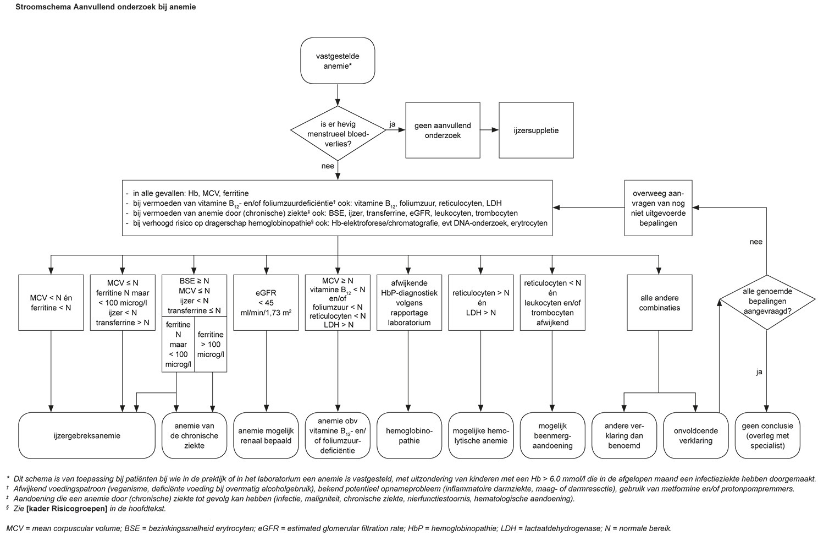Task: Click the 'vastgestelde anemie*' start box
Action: [x=338, y=61]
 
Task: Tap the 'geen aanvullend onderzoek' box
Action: [x=443, y=130]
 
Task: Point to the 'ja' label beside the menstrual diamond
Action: [x=393, y=124]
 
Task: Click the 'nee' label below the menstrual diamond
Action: [x=328, y=166]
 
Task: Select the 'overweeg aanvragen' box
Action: [x=658, y=208]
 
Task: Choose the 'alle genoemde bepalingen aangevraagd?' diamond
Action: [x=767, y=302]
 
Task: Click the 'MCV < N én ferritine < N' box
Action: [x=51, y=302]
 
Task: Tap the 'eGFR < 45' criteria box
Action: [x=267, y=302]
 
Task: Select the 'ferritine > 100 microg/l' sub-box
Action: [x=211, y=345]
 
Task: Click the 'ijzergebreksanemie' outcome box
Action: [x=87, y=435]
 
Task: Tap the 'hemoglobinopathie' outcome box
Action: [x=408, y=435]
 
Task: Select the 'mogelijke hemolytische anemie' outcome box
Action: [x=481, y=435]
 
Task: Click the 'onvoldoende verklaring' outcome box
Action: [x=696, y=435]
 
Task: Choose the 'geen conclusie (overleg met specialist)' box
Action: [x=767, y=435]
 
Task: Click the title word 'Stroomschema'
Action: [x=36, y=7]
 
